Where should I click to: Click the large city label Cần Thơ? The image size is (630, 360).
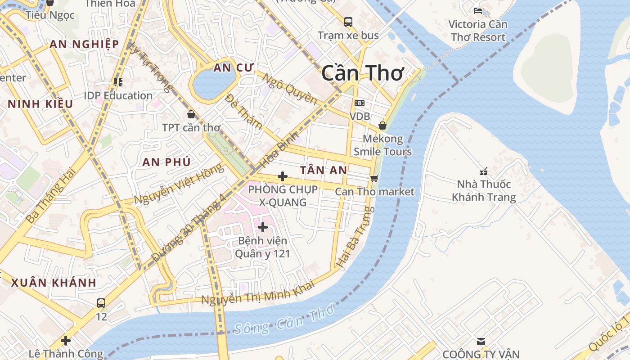pyautogui.click(x=363, y=73)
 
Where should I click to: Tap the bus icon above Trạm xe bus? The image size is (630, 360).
pyautogui.click(x=348, y=22)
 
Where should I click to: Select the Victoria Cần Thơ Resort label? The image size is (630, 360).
pyautogui.click(x=478, y=31)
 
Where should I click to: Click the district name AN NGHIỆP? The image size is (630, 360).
pyautogui.click(x=84, y=44)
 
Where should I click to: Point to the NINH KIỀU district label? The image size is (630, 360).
pyautogui.click(x=40, y=104)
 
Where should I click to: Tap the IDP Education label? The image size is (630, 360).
pyautogui.click(x=118, y=95)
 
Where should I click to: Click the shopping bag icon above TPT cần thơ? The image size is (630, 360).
pyautogui.click(x=191, y=114)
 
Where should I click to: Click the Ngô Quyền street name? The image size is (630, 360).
pyautogui.click(x=290, y=89)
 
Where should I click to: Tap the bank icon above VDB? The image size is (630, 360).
pyautogui.click(x=360, y=103)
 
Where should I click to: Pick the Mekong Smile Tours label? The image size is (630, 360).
pyautogui.click(x=382, y=145)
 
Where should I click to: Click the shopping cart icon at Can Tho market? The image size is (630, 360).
pyautogui.click(x=374, y=178)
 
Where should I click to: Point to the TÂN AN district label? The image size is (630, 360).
pyautogui.click(x=324, y=170)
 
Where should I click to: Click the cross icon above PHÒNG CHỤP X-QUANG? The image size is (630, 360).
pyautogui.click(x=283, y=176)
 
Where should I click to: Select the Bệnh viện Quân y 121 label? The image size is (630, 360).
pyautogui.click(x=262, y=247)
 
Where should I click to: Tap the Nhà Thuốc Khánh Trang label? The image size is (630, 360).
pyautogui.click(x=484, y=190)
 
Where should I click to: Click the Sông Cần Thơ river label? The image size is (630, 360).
pyautogui.click(x=284, y=320)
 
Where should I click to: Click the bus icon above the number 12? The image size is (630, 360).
pyautogui.click(x=101, y=303)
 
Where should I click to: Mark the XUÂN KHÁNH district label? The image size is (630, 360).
pyautogui.click(x=54, y=283)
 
